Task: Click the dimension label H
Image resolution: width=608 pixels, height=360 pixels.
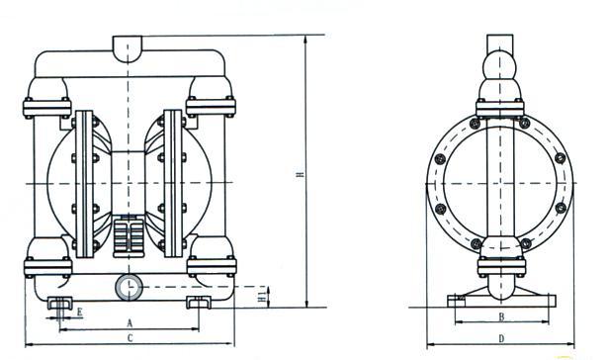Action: tap(299, 175)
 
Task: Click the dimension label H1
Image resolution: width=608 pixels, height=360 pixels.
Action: tap(263, 297)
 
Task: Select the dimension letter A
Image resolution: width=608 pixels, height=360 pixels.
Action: tap(130, 322)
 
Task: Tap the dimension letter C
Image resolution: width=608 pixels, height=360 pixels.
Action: tap(130, 338)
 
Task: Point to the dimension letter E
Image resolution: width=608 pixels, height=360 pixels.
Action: tap(79, 312)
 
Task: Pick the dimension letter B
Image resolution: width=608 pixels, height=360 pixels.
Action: tap(501, 316)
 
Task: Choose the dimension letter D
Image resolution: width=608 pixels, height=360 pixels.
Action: tap(501, 339)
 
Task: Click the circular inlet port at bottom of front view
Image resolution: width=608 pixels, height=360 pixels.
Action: tap(129, 288)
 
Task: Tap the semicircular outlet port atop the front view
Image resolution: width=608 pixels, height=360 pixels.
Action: tap(128, 47)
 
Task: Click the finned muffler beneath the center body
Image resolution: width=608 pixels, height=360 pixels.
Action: tap(129, 235)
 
